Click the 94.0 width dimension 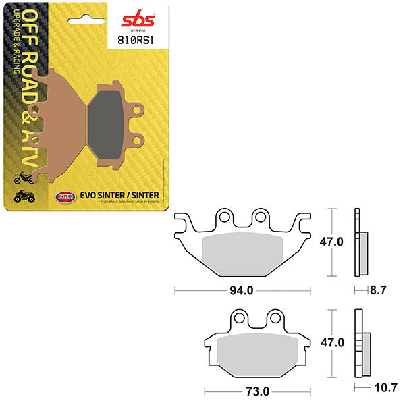[242, 291]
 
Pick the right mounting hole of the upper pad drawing [259, 217]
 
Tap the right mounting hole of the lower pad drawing [275, 317]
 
